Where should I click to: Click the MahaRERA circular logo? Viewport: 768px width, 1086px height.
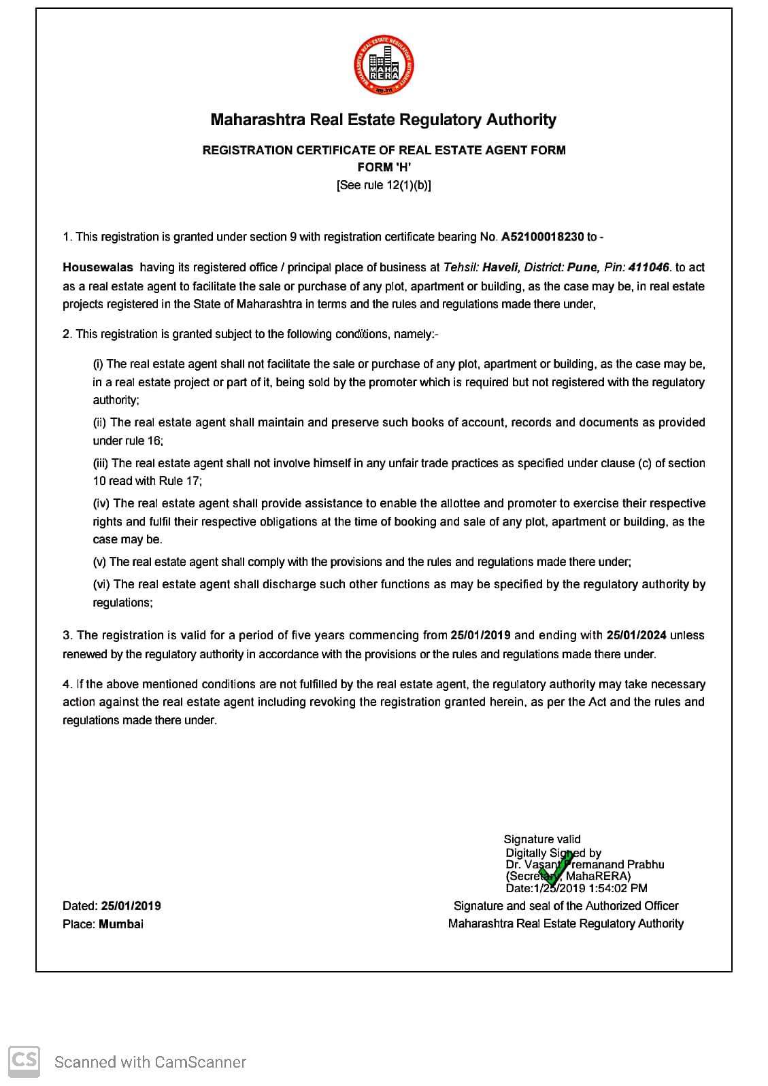[384, 66]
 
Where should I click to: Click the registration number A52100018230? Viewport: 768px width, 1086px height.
[542, 237]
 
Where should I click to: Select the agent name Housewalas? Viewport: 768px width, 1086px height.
[98, 268]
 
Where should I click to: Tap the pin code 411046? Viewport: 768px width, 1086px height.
[649, 268]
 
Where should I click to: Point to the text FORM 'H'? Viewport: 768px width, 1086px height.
[384, 167]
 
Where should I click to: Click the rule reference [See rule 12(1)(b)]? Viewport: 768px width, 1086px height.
[384, 185]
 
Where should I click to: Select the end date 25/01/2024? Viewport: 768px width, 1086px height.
[636, 635]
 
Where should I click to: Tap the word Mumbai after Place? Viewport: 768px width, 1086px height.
[121, 924]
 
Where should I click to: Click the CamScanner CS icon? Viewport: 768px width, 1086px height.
[24, 1061]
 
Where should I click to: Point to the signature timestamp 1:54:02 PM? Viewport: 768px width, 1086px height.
[618, 888]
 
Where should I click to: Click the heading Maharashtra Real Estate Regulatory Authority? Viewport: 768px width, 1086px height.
[384, 120]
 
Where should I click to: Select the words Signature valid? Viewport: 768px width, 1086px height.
[542, 840]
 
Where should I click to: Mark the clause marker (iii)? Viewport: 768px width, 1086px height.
[100, 463]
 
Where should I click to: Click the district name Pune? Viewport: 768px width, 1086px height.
[582, 268]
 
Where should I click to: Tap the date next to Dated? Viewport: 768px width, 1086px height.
[131, 906]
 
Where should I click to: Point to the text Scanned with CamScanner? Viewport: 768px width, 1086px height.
[150, 1062]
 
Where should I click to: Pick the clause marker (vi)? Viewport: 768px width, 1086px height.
[101, 584]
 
